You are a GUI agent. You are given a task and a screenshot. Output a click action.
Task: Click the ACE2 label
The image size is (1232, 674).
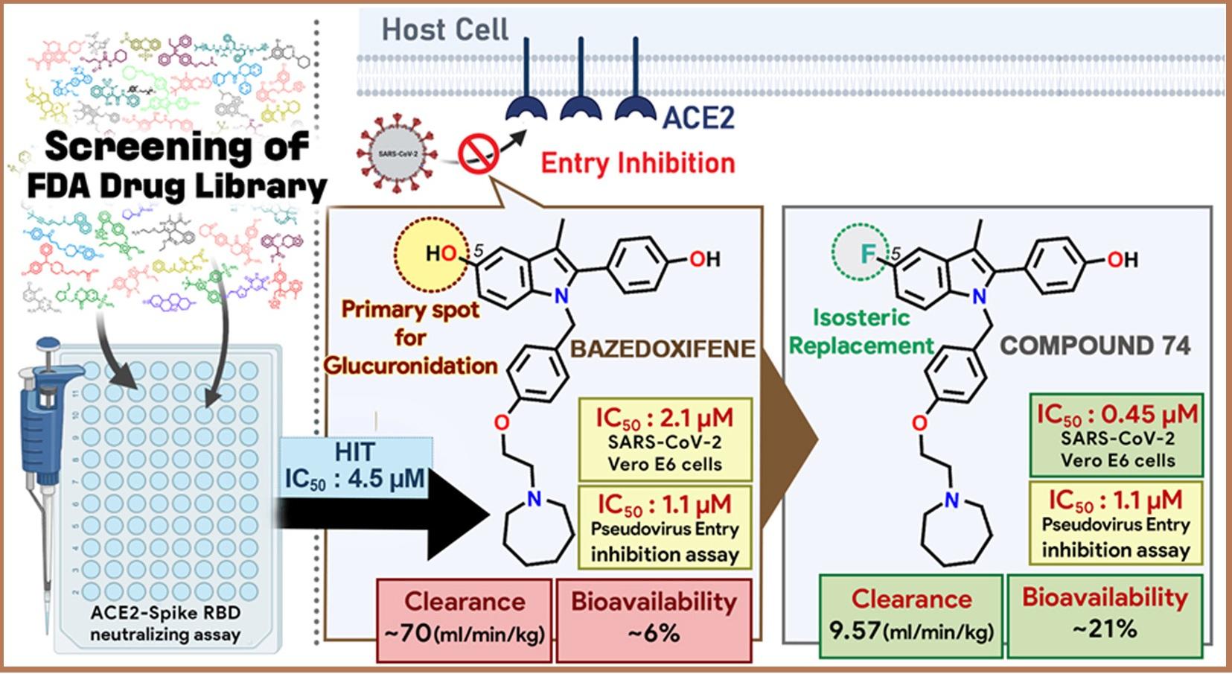(698, 118)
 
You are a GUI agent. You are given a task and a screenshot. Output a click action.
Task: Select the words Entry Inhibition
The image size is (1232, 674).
(637, 163)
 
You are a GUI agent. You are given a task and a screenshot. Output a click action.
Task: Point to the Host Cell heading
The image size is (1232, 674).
(445, 31)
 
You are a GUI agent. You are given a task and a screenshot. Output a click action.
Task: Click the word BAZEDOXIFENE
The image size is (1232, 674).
(663, 348)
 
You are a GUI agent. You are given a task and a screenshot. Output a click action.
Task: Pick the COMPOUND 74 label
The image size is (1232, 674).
(1094, 346)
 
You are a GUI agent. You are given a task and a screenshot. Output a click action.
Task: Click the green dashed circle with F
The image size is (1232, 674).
(866, 254)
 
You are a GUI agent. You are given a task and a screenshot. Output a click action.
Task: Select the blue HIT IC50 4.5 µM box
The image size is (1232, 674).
(355, 465)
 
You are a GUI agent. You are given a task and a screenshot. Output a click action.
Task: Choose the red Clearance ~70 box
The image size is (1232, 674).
(464, 618)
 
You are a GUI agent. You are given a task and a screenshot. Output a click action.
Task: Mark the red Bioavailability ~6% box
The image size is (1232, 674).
(654, 618)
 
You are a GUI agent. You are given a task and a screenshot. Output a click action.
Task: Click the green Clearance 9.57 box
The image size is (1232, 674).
(911, 615)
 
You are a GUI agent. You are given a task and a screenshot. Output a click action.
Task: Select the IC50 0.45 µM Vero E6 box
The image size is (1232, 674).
(1117, 436)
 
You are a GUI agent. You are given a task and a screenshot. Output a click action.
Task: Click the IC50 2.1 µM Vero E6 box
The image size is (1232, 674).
(665, 439)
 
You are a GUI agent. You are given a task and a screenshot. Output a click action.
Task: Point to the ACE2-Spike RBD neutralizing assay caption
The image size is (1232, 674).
(165, 624)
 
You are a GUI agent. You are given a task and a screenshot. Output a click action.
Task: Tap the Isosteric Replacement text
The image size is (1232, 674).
(861, 332)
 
